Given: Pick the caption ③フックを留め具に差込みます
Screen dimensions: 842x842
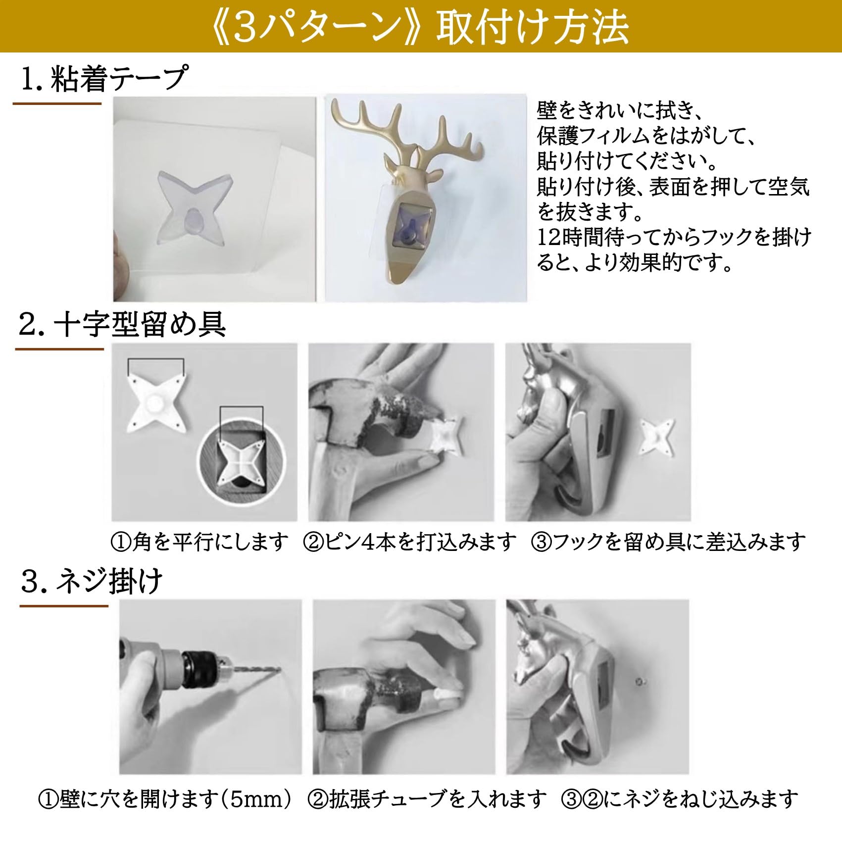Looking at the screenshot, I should tap(668, 543).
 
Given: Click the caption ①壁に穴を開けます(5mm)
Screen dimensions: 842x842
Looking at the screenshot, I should tap(166, 798).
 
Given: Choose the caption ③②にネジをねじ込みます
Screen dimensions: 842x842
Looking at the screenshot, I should tap(680, 798).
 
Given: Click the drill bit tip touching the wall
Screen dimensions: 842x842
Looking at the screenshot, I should tap(279, 671).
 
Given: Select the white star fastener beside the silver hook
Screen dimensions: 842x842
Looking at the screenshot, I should tap(657, 436).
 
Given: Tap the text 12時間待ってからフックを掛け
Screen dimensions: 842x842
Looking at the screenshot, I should tap(674, 238).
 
